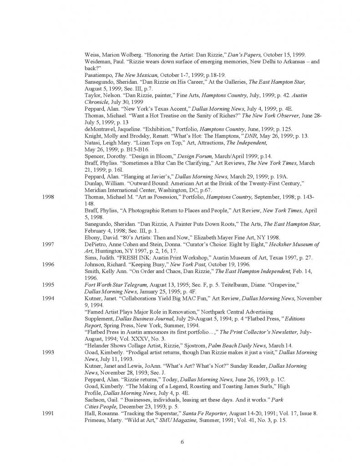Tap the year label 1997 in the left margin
[48, 244]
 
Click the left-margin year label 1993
[48, 352]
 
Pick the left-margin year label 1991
[48, 412]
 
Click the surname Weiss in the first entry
[93, 54]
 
